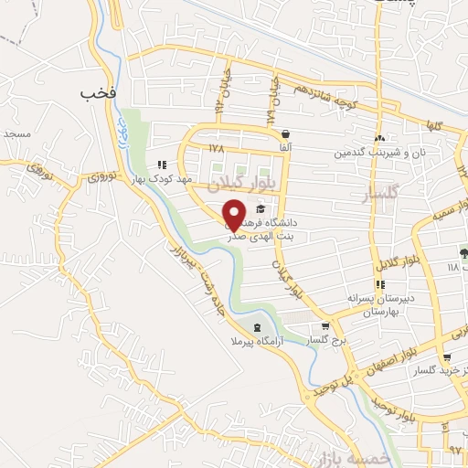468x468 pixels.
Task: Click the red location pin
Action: pyautogui.click(x=234, y=214)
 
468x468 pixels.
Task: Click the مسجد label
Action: pyautogui.click(x=16, y=133)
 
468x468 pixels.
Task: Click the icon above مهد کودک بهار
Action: pyautogui.click(x=162, y=165)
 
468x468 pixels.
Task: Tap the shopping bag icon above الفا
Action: pyautogui.click(x=286, y=133)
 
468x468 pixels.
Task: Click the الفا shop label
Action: pyautogui.click(x=286, y=147)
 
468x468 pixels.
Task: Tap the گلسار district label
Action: pyautogui.click(x=377, y=195)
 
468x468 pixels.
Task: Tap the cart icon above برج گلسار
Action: pyautogui.click(x=324, y=327)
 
